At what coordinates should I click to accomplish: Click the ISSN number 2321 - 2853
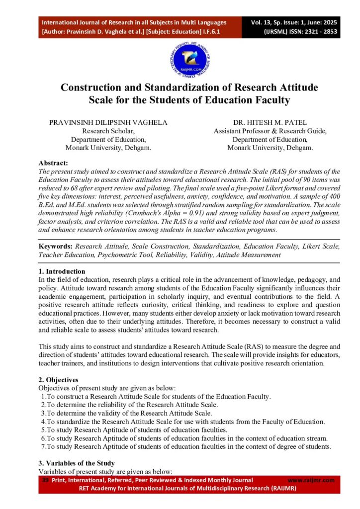click(313, 31)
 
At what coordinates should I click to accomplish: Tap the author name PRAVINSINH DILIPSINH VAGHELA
click(108, 122)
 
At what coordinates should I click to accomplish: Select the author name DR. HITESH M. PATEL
click(270, 122)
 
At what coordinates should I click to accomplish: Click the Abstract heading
click(53, 163)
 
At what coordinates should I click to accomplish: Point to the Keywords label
click(56, 246)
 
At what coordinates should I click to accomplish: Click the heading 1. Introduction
click(62, 271)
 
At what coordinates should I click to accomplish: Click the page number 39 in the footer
click(45, 480)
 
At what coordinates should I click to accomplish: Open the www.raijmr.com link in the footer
click(311, 480)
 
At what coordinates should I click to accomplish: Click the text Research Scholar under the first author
click(108, 131)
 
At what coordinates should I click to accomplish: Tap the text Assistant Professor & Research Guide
click(270, 131)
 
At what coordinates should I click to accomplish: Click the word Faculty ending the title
click(271, 100)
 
